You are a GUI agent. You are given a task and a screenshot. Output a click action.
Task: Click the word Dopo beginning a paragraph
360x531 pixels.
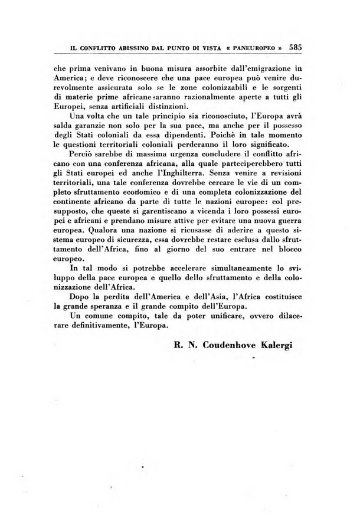click(81, 295)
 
